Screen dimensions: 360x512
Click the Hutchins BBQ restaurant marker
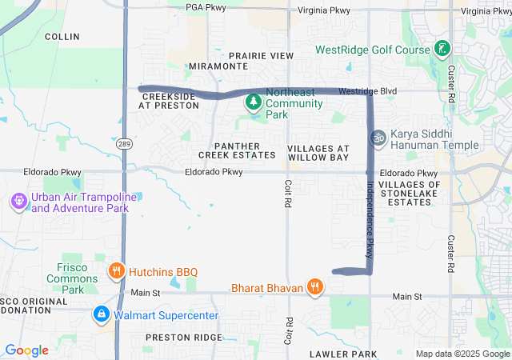point(117,271)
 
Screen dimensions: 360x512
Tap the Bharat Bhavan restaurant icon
point(317,287)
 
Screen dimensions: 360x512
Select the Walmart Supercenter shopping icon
point(102,314)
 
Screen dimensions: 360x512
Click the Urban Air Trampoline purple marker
point(19,202)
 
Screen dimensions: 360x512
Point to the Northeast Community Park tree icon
point(254,102)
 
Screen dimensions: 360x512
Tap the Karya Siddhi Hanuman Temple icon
point(378,138)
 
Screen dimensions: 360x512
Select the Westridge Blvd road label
point(367,91)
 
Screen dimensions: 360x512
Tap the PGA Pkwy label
point(206,6)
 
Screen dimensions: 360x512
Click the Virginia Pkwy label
point(324,10)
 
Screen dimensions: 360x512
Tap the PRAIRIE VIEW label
point(261,56)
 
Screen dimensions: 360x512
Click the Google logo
point(26,350)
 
